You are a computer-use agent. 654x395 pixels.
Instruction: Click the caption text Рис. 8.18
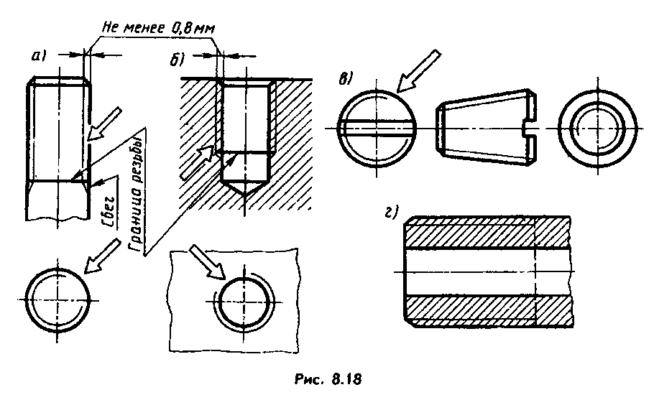point(328,379)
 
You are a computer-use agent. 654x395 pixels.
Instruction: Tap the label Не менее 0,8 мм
point(159,28)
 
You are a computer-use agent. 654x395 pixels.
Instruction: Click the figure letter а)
point(40,55)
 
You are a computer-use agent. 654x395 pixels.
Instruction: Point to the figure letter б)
point(176,60)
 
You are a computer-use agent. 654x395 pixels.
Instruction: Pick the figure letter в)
point(346,79)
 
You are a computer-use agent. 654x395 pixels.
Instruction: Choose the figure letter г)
point(390,213)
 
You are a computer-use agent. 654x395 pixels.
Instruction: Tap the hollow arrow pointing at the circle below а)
point(100,256)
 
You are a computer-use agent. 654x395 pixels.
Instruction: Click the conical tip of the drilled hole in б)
point(244,188)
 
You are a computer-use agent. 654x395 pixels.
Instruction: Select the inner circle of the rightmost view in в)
point(597,128)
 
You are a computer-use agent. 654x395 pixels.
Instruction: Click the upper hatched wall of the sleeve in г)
point(488,233)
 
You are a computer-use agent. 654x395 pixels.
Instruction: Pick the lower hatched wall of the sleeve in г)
point(488,311)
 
